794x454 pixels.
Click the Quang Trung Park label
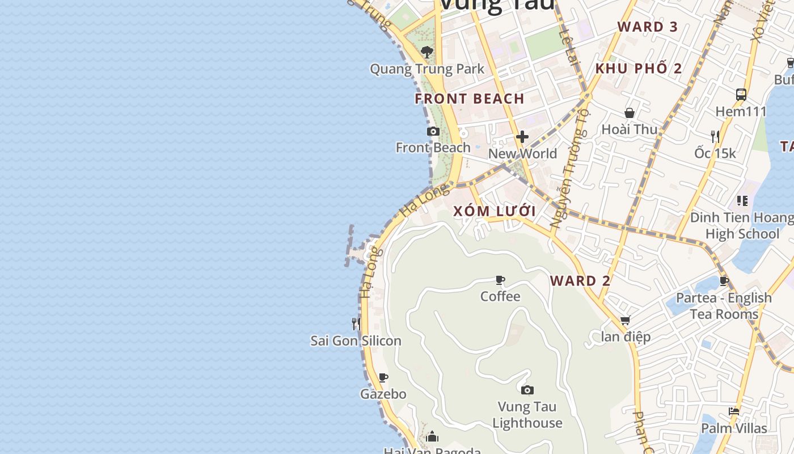coord(427,69)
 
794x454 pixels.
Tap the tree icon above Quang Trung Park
coord(427,52)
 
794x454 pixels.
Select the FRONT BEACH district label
coord(470,99)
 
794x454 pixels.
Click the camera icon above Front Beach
coord(433,132)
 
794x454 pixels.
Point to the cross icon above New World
coord(522,137)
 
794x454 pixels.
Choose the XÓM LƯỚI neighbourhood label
coord(495,211)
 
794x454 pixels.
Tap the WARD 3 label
coord(648,27)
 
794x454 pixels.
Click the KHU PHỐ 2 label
coord(639,69)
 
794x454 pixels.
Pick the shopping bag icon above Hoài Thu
coord(630,113)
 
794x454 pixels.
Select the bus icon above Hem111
coord(741,94)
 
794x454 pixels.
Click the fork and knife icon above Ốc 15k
coord(715,136)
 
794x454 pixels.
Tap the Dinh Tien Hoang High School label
coord(742,225)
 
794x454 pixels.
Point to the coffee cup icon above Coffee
coord(500,280)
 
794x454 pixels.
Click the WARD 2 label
coord(580,281)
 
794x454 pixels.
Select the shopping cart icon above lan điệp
coord(626,321)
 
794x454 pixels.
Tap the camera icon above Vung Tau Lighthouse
coord(527,390)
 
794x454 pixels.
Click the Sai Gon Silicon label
coord(356,340)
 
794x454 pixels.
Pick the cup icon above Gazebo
coord(383,377)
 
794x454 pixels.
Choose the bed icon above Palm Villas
coord(734,411)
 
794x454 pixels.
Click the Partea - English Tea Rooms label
coord(724,306)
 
